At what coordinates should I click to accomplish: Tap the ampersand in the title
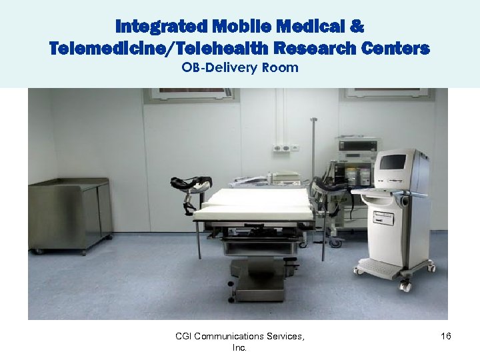(x=357, y=27)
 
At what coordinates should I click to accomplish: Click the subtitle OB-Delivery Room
(x=240, y=67)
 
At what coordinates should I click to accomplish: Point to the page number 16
(x=446, y=337)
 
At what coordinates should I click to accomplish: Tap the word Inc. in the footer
(x=239, y=348)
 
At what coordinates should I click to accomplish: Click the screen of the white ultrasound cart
(x=393, y=162)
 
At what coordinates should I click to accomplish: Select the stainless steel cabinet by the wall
(x=69, y=213)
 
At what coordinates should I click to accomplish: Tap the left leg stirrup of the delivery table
(x=191, y=183)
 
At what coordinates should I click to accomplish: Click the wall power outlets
(x=285, y=147)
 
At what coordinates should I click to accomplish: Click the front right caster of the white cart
(x=405, y=285)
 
